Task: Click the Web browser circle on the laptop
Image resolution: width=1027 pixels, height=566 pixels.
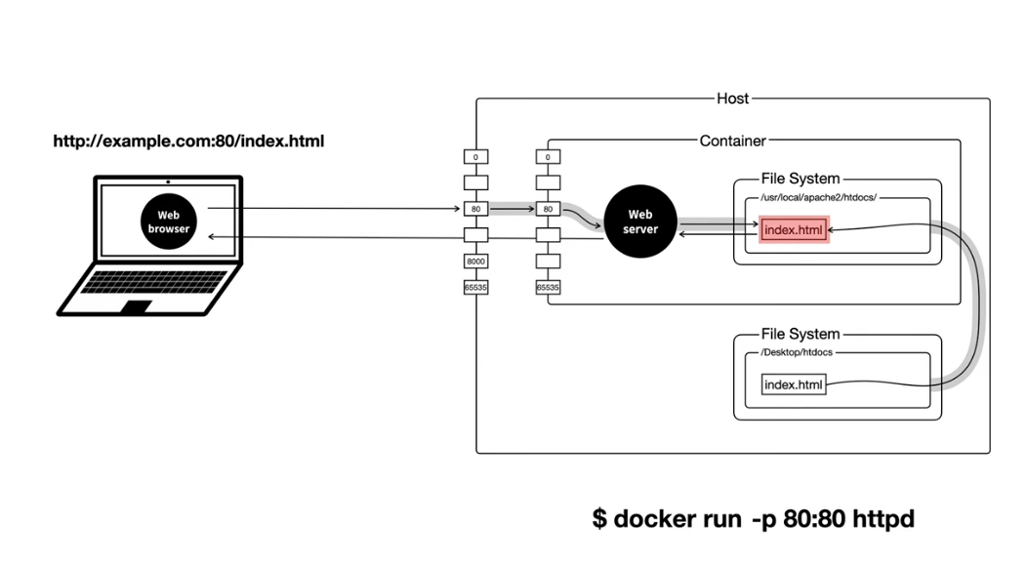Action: pyautogui.click(x=168, y=222)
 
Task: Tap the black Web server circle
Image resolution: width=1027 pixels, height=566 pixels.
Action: pyautogui.click(x=639, y=222)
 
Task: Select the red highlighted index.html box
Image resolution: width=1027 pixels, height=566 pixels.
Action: pyautogui.click(x=794, y=230)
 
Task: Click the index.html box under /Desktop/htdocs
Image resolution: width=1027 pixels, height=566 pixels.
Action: pyautogui.click(x=794, y=384)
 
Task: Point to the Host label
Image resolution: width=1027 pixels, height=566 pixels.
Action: pyautogui.click(x=732, y=99)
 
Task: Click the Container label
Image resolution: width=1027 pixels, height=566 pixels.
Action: pyautogui.click(x=732, y=141)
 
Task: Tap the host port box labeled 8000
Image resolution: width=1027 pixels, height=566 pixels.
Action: pyautogui.click(x=476, y=262)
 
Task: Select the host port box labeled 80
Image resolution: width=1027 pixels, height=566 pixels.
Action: pyautogui.click(x=476, y=209)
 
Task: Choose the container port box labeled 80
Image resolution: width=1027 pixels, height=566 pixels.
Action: pyautogui.click(x=549, y=209)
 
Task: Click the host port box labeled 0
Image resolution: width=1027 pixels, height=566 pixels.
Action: pyautogui.click(x=476, y=157)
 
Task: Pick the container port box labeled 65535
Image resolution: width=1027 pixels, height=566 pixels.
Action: pyautogui.click(x=549, y=288)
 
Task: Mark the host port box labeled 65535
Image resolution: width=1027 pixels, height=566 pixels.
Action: pyautogui.click(x=476, y=288)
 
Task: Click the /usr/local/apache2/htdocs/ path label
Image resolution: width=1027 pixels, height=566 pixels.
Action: pyautogui.click(x=819, y=197)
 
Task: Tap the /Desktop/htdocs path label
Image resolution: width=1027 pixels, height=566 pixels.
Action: pyautogui.click(x=797, y=352)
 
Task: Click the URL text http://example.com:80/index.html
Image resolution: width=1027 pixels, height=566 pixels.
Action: pyautogui.click(x=188, y=141)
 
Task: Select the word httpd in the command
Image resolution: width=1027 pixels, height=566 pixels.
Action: pyautogui.click(x=883, y=520)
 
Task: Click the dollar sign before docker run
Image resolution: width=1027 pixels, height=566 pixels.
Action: pyautogui.click(x=599, y=519)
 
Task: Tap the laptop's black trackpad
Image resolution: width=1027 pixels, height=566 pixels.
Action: pyautogui.click(x=137, y=306)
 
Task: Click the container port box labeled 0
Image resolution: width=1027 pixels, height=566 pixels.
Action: pyautogui.click(x=549, y=157)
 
